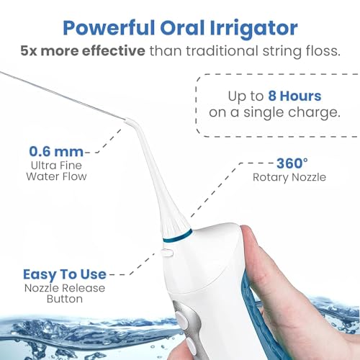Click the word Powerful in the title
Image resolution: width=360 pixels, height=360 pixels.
click(x=109, y=28)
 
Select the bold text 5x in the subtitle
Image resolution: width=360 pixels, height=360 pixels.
click(x=29, y=51)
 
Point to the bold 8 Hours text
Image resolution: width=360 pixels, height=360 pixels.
click(x=294, y=96)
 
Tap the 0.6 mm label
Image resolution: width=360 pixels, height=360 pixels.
click(x=56, y=152)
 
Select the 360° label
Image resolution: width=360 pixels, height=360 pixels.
click(x=292, y=163)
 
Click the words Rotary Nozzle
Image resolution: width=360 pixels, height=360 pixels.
click(x=289, y=177)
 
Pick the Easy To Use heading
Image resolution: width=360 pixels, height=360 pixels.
click(x=65, y=274)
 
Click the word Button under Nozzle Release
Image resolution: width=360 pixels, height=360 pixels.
click(x=65, y=299)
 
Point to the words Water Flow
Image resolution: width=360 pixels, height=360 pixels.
click(x=56, y=176)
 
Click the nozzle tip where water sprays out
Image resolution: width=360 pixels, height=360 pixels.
click(x=126, y=120)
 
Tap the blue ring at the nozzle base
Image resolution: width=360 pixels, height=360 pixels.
click(x=178, y=235)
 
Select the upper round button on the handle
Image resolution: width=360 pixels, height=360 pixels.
click(x=182, y=320)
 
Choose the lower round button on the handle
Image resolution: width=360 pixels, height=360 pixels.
click(x=192, y=346)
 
